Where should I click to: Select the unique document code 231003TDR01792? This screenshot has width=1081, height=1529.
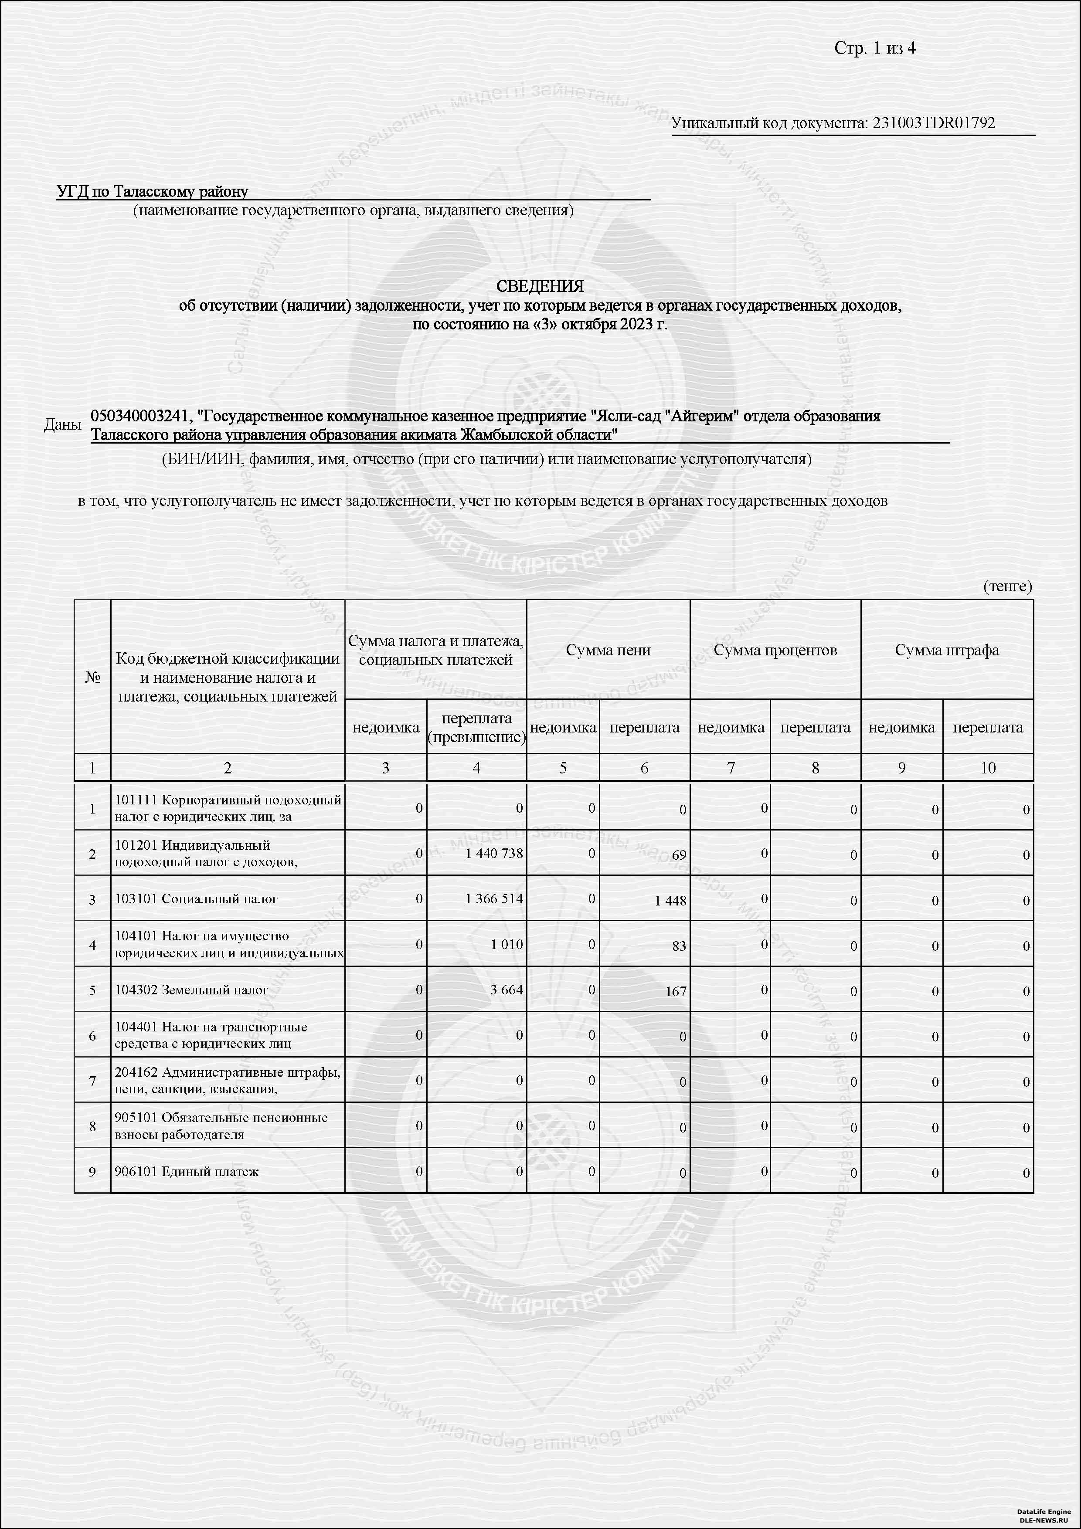click(x=933, y=123)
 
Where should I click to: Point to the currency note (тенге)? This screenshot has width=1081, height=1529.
click(x=1007, y=586)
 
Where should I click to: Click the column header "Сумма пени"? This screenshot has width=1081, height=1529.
click(x=608, y=650)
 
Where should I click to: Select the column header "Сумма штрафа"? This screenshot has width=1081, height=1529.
click(x=946, y=650)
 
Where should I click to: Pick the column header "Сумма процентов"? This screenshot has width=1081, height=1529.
click(x=775, y=650)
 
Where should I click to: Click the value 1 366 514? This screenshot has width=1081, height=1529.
click(x=494, y=898)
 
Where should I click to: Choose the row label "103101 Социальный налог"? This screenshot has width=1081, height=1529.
click(x=197, y=899)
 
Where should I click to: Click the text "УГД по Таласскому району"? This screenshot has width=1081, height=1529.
click(x=153, y=192)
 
